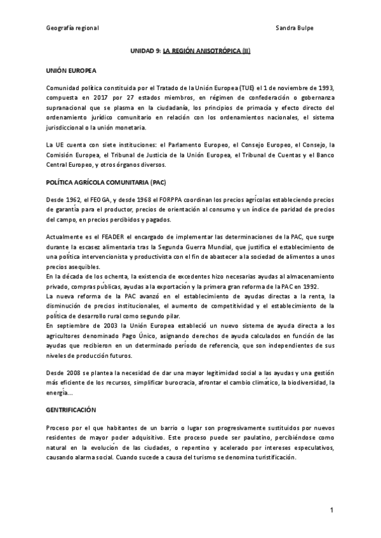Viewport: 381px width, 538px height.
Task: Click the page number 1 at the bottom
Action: point(331,511)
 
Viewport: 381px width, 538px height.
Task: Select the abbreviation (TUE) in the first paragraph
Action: point(248,87)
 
